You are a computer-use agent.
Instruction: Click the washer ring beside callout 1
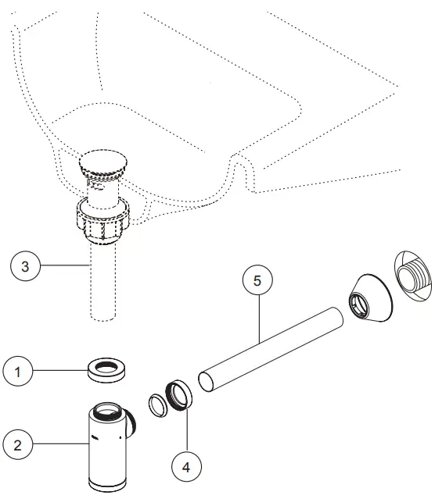click(107, 369)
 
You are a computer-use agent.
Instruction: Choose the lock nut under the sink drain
click(104, 220)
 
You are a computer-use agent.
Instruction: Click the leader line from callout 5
click(260, 316)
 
